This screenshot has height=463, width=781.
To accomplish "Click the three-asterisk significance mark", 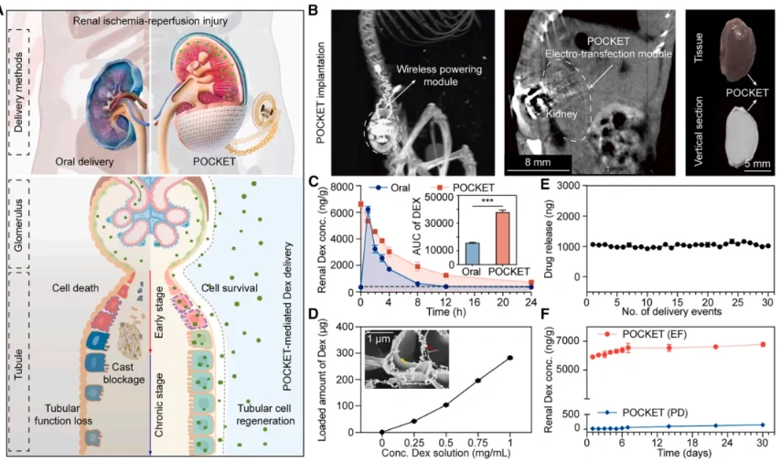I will pos(462,197).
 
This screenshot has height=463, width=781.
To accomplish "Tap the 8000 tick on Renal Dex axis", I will pos(343,187).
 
